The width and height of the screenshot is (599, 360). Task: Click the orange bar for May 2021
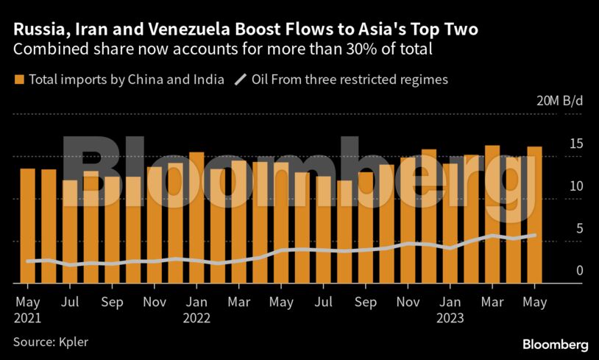(27, 225)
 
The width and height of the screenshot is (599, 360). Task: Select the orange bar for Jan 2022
(196, 217)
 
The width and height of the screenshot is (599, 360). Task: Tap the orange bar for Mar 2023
(492, 213)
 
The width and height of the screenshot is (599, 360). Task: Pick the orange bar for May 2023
(534, 214)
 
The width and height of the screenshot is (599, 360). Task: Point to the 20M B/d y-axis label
(559, 102)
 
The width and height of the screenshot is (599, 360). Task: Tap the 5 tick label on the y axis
(579, 228)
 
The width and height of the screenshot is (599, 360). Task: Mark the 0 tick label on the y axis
(579, 271)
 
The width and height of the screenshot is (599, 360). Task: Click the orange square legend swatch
(19, 80)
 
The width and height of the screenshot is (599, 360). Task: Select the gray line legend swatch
(240, 80)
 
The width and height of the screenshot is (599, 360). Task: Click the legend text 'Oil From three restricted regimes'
(350, 80)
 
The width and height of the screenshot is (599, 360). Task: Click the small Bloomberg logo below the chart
(555, 344)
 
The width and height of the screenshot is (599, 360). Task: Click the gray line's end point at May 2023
(534, 236)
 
